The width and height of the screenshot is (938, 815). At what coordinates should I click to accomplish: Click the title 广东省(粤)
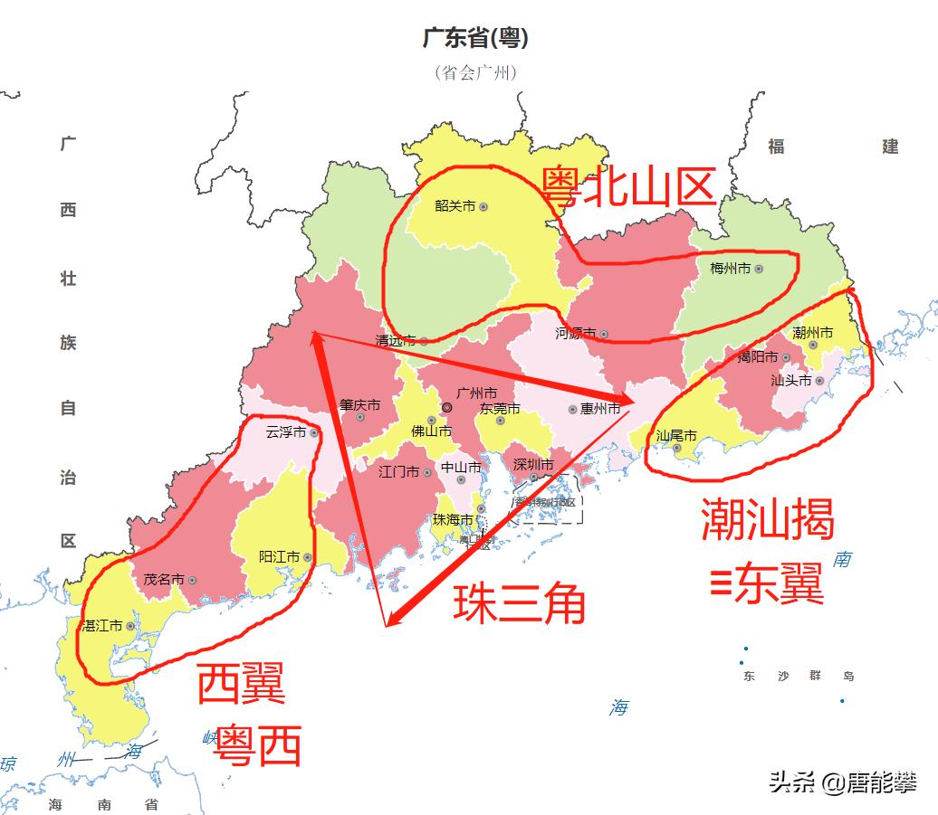pyautogui.click(x=475, y=39)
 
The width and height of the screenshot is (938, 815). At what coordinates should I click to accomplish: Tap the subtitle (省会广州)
pyautogui.click(x=475, y=72)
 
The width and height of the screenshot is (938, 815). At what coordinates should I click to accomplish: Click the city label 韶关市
pyautogui.click(x=455, y=206)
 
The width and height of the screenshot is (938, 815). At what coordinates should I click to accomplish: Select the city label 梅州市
pyautogui.click(x=731, y=269)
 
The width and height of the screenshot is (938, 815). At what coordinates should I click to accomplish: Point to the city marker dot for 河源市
pyautogui.click(x=604, y=335)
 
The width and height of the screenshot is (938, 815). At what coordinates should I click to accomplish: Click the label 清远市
pyautogui.click(x=396, y=341)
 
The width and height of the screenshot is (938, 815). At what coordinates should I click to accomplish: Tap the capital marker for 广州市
pyautogui.click(x=446, y=408)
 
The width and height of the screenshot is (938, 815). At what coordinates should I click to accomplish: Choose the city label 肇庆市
pyautogui.click(x=359, y=404)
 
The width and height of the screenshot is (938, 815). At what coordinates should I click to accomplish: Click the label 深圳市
pyautogui.click(x=533, y=464)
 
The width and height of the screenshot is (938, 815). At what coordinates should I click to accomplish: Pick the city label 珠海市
pyautogui.click(x=453, y=520)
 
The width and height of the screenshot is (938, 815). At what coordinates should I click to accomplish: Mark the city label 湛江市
pyautogui.click(x=102, y=625)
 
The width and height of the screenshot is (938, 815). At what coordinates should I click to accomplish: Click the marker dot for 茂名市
pyautogui.click(x=192, y=580)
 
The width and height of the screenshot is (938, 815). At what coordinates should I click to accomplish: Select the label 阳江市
pyautogui.click(x=279, y=557)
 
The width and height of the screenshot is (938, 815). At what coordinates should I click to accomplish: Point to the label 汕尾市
pyautogui.click(x=676, y=435)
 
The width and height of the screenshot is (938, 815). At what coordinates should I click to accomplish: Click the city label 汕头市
pyautogui.click(x=790, y=381)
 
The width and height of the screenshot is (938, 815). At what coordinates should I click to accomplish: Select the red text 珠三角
pyautogui.click(x=519, y=603)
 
